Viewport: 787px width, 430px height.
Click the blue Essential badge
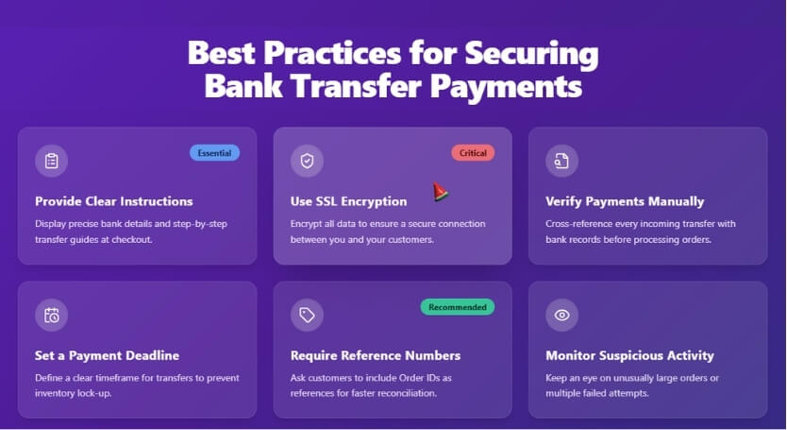pyautogui.click(x=214, y=152)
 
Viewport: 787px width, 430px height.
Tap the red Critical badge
pyautogui.click(x=473, y=152)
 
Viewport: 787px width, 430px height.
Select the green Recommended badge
pyautogui.click(x=458, y=307)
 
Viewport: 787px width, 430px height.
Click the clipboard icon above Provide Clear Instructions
pyautogui.click(x=52, y=161)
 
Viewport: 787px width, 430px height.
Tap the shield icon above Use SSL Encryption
pyautogui.click(x=307, y=161)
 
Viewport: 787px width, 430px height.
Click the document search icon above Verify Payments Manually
pyautogui.click(x=561, y=161)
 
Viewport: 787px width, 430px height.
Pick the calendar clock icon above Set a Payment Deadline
pyautogui.click(x=52, y=315)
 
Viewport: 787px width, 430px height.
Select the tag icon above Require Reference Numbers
pyautogui.click(x=307, y=315)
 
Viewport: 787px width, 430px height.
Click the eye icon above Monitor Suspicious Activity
pyautogui.click(x=561, y=315)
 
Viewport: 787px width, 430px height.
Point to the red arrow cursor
pyautogui.click(x=440, y=192)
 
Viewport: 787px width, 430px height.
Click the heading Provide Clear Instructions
pyautogui.click(x=113, y=201)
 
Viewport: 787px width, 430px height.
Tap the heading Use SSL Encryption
pyautogui.click(x=348, y=201)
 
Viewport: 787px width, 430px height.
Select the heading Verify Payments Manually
pyautogui.click(x=625, y=201)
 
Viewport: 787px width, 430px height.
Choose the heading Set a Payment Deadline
pyautogui.click(x=107, y=355)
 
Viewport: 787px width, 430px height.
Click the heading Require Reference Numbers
pyautogui.click(x=376, y=355)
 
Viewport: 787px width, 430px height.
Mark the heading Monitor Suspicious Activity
pyautogui.click(x=629, y=355)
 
